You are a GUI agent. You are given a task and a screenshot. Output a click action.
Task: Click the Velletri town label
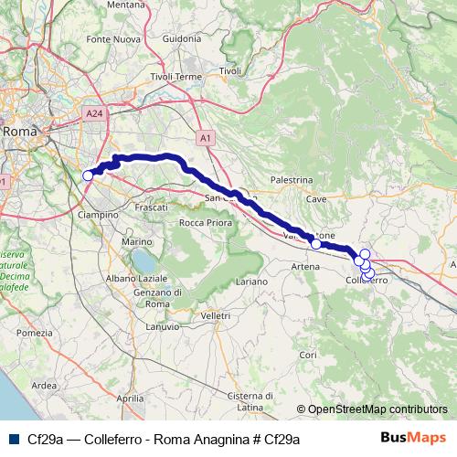click(215, 314)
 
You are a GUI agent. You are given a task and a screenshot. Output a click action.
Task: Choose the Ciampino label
click(99, 214)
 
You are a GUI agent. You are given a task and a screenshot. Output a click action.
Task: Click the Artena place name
click(305, 265)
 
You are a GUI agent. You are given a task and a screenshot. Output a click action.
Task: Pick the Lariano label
click(251, 282)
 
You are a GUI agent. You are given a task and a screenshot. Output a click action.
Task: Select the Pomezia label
click(35, 333)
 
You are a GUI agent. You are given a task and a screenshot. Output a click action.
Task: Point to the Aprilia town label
click(131, 399)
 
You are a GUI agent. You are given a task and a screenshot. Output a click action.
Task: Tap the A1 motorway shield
click(206, 137)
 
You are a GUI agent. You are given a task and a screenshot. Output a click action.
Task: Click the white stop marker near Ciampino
click(89, 175)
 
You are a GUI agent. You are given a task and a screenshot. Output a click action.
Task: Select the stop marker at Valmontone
click(316, 244)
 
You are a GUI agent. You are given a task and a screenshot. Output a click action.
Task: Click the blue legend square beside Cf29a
click(13, 439)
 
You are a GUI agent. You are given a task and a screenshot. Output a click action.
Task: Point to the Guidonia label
click(181, 38)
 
